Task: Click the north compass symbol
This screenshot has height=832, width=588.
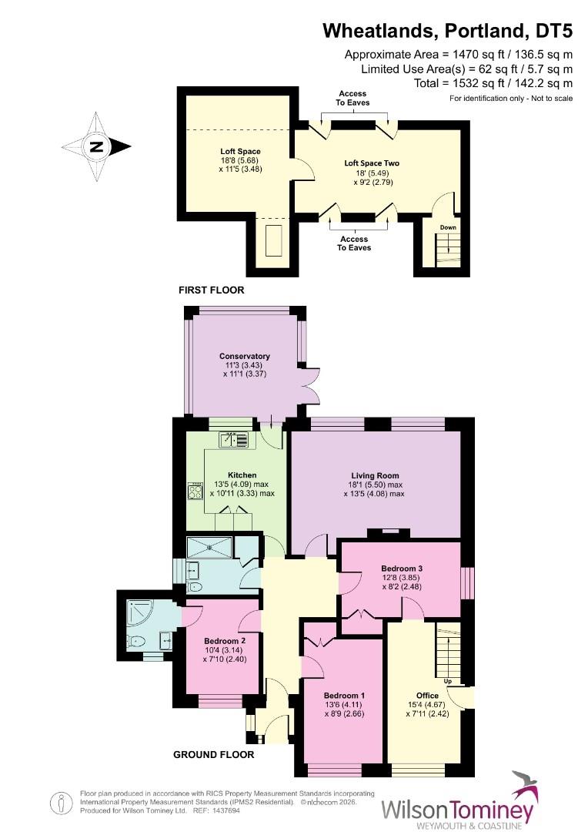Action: [x=96, y=146]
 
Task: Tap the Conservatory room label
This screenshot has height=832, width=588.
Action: [x=245, y=356]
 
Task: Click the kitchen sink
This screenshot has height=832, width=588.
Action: [x=235, y=440]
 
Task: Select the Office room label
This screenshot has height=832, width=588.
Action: [x=427, y=696]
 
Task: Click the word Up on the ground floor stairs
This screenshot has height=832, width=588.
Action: [x=447, y=682]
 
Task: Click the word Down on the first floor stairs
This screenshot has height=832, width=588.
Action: [x=448, y=228]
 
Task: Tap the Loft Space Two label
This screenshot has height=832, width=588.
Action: [x=372, y=163]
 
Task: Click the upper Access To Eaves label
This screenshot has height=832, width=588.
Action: [x=352, y=98]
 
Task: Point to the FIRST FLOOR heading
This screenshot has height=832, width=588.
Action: [x=211, y=290]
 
